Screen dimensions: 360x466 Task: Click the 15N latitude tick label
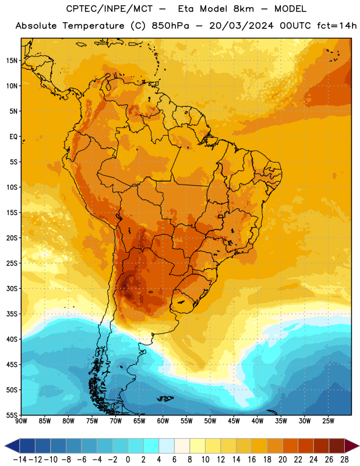(12, 61)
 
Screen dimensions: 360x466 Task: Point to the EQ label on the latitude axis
(13, 137)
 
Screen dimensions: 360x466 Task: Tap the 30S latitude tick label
(12, 288)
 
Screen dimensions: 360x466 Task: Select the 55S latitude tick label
(12, 415)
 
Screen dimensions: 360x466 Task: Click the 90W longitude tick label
(21, 421)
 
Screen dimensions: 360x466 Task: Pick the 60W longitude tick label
(163, 421)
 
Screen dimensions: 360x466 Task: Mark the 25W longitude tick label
(329, 421)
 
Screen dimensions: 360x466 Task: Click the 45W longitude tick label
(234, 421)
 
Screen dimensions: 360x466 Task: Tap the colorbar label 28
(344, 460)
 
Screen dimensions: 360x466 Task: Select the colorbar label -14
(19, 460)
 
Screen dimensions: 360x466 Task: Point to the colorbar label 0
(128, 460)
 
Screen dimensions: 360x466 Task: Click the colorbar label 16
(252, 460)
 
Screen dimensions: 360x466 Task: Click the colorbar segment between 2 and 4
(151, 446)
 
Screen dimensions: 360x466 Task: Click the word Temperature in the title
(93, 26)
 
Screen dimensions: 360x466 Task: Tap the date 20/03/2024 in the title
(241, 26)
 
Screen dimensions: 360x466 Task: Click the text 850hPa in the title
(170, 26)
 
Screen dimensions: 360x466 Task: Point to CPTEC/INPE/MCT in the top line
(110, 9)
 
